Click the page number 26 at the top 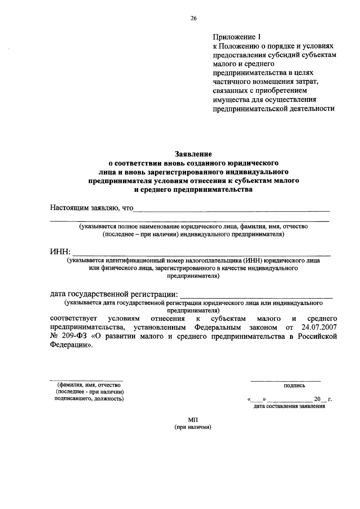click(x=193, y=18)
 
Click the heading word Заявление click(x=193, y=154)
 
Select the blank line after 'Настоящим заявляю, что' click(x=231, y=210)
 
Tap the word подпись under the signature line click(x=294, y=386)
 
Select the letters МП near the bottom click(x=193, y=420)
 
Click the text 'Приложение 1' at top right click(x=237, y=37)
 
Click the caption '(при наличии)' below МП click(x=193, y=427)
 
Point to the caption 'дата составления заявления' click(x=289, y=407)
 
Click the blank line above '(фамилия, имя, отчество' click(x=86, y=380)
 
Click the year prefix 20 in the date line click(x=317, y=399)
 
